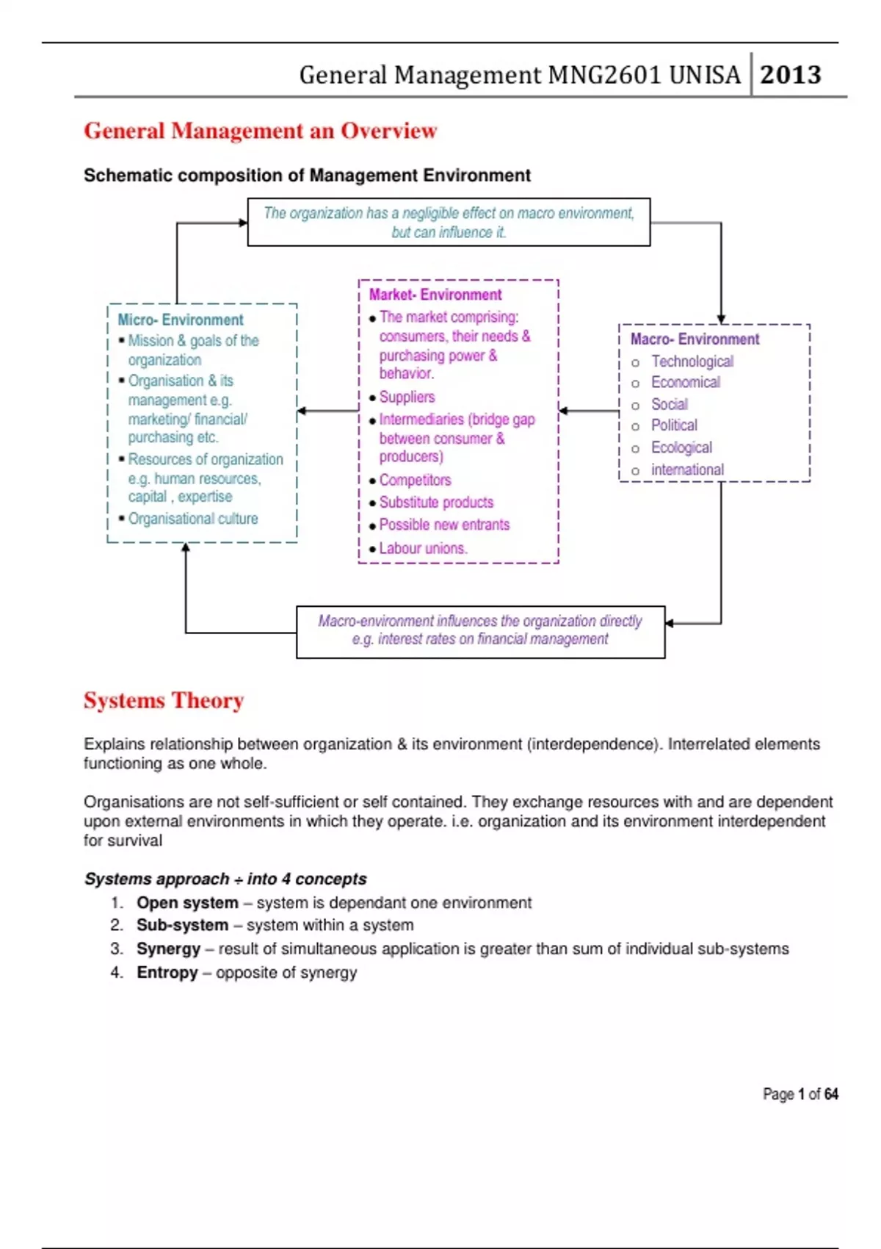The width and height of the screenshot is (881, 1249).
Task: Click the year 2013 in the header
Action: pos(790,74)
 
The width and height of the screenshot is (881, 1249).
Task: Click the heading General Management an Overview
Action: pos(260,131)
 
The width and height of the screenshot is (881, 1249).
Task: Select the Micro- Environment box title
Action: pos(181,320)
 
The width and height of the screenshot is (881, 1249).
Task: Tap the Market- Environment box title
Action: pos(435,295)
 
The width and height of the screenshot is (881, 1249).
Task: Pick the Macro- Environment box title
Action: pos(695,339)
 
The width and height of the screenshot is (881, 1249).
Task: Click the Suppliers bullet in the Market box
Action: pos(407,397)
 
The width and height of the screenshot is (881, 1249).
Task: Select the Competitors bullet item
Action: pos(415,480)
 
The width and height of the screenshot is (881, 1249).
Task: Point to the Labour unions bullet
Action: pos(423,548)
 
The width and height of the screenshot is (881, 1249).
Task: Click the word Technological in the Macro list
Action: pos(692,361)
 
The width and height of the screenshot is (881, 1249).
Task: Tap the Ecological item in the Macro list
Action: pos(681,447)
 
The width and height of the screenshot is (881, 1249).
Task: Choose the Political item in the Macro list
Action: pos(674,425)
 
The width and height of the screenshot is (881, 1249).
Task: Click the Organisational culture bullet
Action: pos(193,519)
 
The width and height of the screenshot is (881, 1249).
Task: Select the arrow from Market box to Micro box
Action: pos(327,411)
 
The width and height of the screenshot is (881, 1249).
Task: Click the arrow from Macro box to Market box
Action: pos(589,411)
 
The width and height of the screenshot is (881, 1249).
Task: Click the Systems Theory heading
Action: pos(164,700)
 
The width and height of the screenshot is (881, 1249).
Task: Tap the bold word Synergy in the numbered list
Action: pos(168,949)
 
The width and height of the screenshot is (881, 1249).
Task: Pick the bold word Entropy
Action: pos(167,972)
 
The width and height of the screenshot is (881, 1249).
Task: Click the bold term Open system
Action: pos(187,902)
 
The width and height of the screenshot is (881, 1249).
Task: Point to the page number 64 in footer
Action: pos(831,1094)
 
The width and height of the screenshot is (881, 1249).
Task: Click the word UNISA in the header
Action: pos(705,74)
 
